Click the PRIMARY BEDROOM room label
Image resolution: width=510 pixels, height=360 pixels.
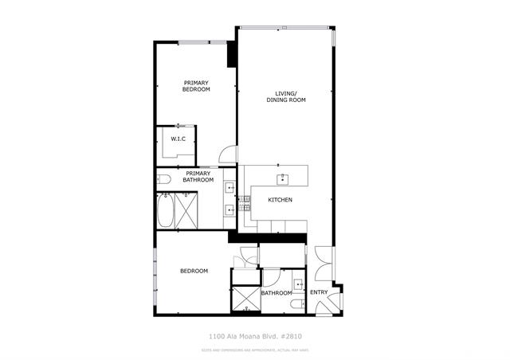(196, 86)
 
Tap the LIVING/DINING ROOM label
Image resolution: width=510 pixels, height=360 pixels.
(286, 97)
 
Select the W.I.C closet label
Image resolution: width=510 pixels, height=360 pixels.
(178, 140)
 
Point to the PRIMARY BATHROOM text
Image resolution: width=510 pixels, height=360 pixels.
(198, 177)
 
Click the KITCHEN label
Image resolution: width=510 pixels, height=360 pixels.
(279, 199)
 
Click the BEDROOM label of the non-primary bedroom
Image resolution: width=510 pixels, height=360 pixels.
(194, 272)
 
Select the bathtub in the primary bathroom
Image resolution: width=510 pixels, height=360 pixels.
(166, 210)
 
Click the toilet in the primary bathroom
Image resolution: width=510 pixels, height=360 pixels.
(162, 178)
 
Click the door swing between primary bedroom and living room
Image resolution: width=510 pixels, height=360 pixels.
(228, 155)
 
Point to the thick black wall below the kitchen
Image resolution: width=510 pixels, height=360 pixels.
(267, 237)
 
